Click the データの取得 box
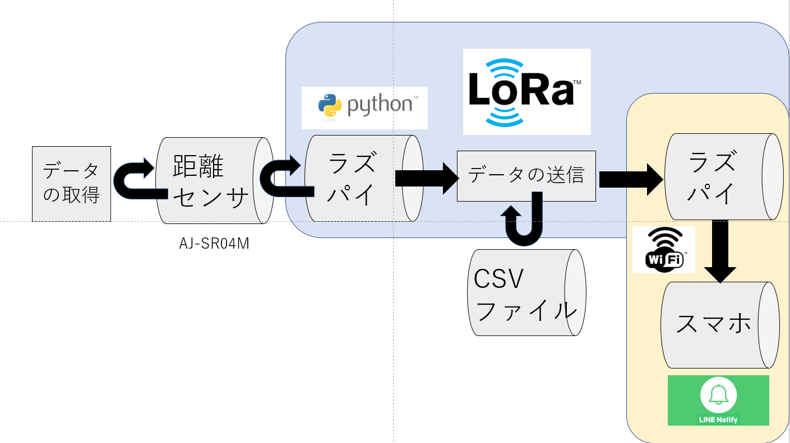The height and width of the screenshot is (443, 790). tap(71, 184)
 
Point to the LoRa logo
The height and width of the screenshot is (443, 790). tap(526, 92)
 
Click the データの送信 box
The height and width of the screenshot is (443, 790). tap(526, 176)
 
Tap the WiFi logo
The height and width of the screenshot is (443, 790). tap(663, 250)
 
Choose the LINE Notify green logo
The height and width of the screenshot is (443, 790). tap(718, 400)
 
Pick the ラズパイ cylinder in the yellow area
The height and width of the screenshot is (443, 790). tap(718, 176)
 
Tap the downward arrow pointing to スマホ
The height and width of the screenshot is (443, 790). tap(720, 250)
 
